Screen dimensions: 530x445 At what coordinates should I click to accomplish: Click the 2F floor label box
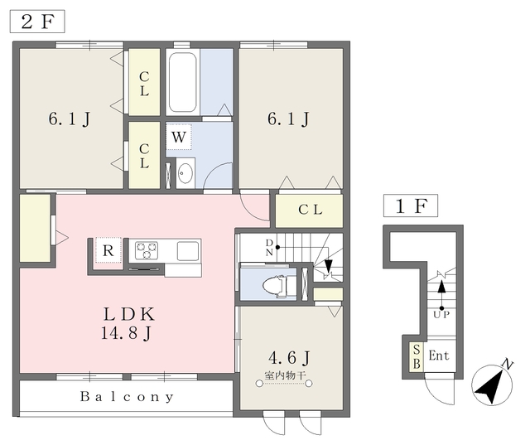[37, 22]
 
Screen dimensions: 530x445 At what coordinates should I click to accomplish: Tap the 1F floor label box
[411, 206]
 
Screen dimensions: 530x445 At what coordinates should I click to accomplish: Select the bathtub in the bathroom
[182, 82]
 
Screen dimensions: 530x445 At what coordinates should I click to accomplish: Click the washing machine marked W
[179, 137]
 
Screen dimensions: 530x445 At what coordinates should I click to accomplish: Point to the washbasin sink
[185, 173]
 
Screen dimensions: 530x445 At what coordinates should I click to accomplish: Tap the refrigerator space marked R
[108, 250]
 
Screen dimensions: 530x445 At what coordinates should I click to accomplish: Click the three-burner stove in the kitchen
[147, 250]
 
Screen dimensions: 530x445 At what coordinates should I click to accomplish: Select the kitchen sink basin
[188, 250]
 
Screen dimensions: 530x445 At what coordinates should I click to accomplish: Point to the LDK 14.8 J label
[128, 324]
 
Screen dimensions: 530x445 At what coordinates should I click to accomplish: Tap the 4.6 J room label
[289, 357]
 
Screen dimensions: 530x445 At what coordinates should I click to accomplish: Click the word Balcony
[127, 396]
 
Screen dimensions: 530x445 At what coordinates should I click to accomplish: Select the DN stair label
[269, 248]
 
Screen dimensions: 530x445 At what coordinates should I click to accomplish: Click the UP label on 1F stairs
[441, 315]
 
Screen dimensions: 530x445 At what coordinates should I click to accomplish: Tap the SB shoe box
[417, 356]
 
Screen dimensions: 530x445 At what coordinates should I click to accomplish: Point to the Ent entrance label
[439, 356]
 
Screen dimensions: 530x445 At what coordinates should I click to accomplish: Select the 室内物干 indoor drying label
[285, 375]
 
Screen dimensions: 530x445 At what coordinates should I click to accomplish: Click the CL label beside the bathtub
[144, 84]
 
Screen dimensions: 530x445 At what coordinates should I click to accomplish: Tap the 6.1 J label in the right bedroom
[288, 119]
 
